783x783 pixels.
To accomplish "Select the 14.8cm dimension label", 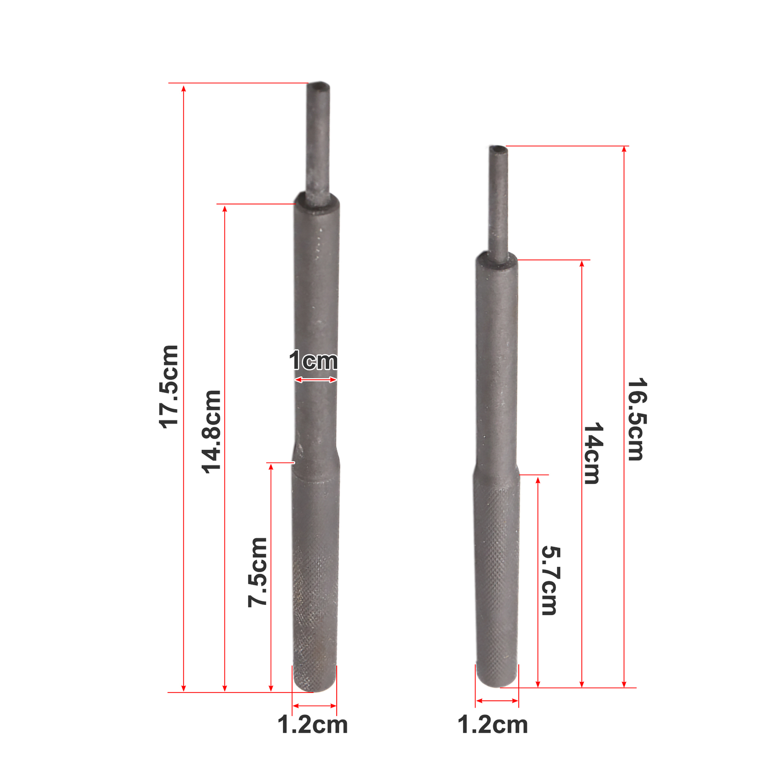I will (x=211, y=432).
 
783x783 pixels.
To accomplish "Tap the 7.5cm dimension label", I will (x=257, y=572).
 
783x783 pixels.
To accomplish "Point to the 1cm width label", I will (x=313, y=361).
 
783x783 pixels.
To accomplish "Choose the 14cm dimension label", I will (x=593, y=454).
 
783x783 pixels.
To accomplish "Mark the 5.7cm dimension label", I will (x=550, y=581).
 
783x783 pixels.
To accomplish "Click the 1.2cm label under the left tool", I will (x=312, y=725).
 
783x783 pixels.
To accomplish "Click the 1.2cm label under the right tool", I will (x=492, y=725).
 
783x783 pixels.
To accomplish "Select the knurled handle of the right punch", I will (x=497, y=587).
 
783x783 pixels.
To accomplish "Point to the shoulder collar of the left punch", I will (x=317, y=203).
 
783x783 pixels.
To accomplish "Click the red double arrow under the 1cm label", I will (x=316, y=380).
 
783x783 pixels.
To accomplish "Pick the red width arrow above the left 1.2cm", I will (x=314, y=706).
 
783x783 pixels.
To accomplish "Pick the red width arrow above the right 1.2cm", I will (x=497, y=701).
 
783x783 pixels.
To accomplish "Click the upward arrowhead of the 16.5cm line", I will (x=624, y=149).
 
